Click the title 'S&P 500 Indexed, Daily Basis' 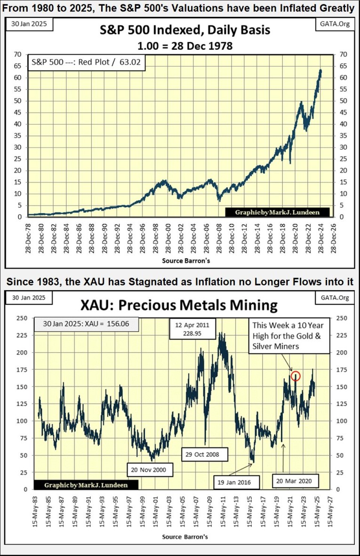click(x=185, y=30)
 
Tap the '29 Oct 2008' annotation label click(x=203, y=455)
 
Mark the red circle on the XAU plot click(x=296, y=376)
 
